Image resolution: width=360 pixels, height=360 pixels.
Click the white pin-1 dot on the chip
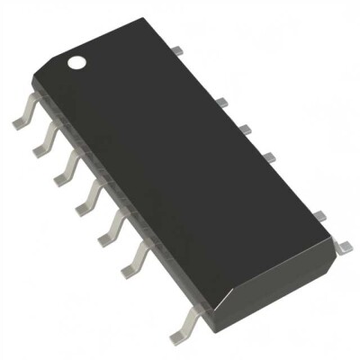pyautogui.click(x=77, y=63)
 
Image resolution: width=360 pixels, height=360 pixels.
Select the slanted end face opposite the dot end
pyautogui.click(x=270, y=279)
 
